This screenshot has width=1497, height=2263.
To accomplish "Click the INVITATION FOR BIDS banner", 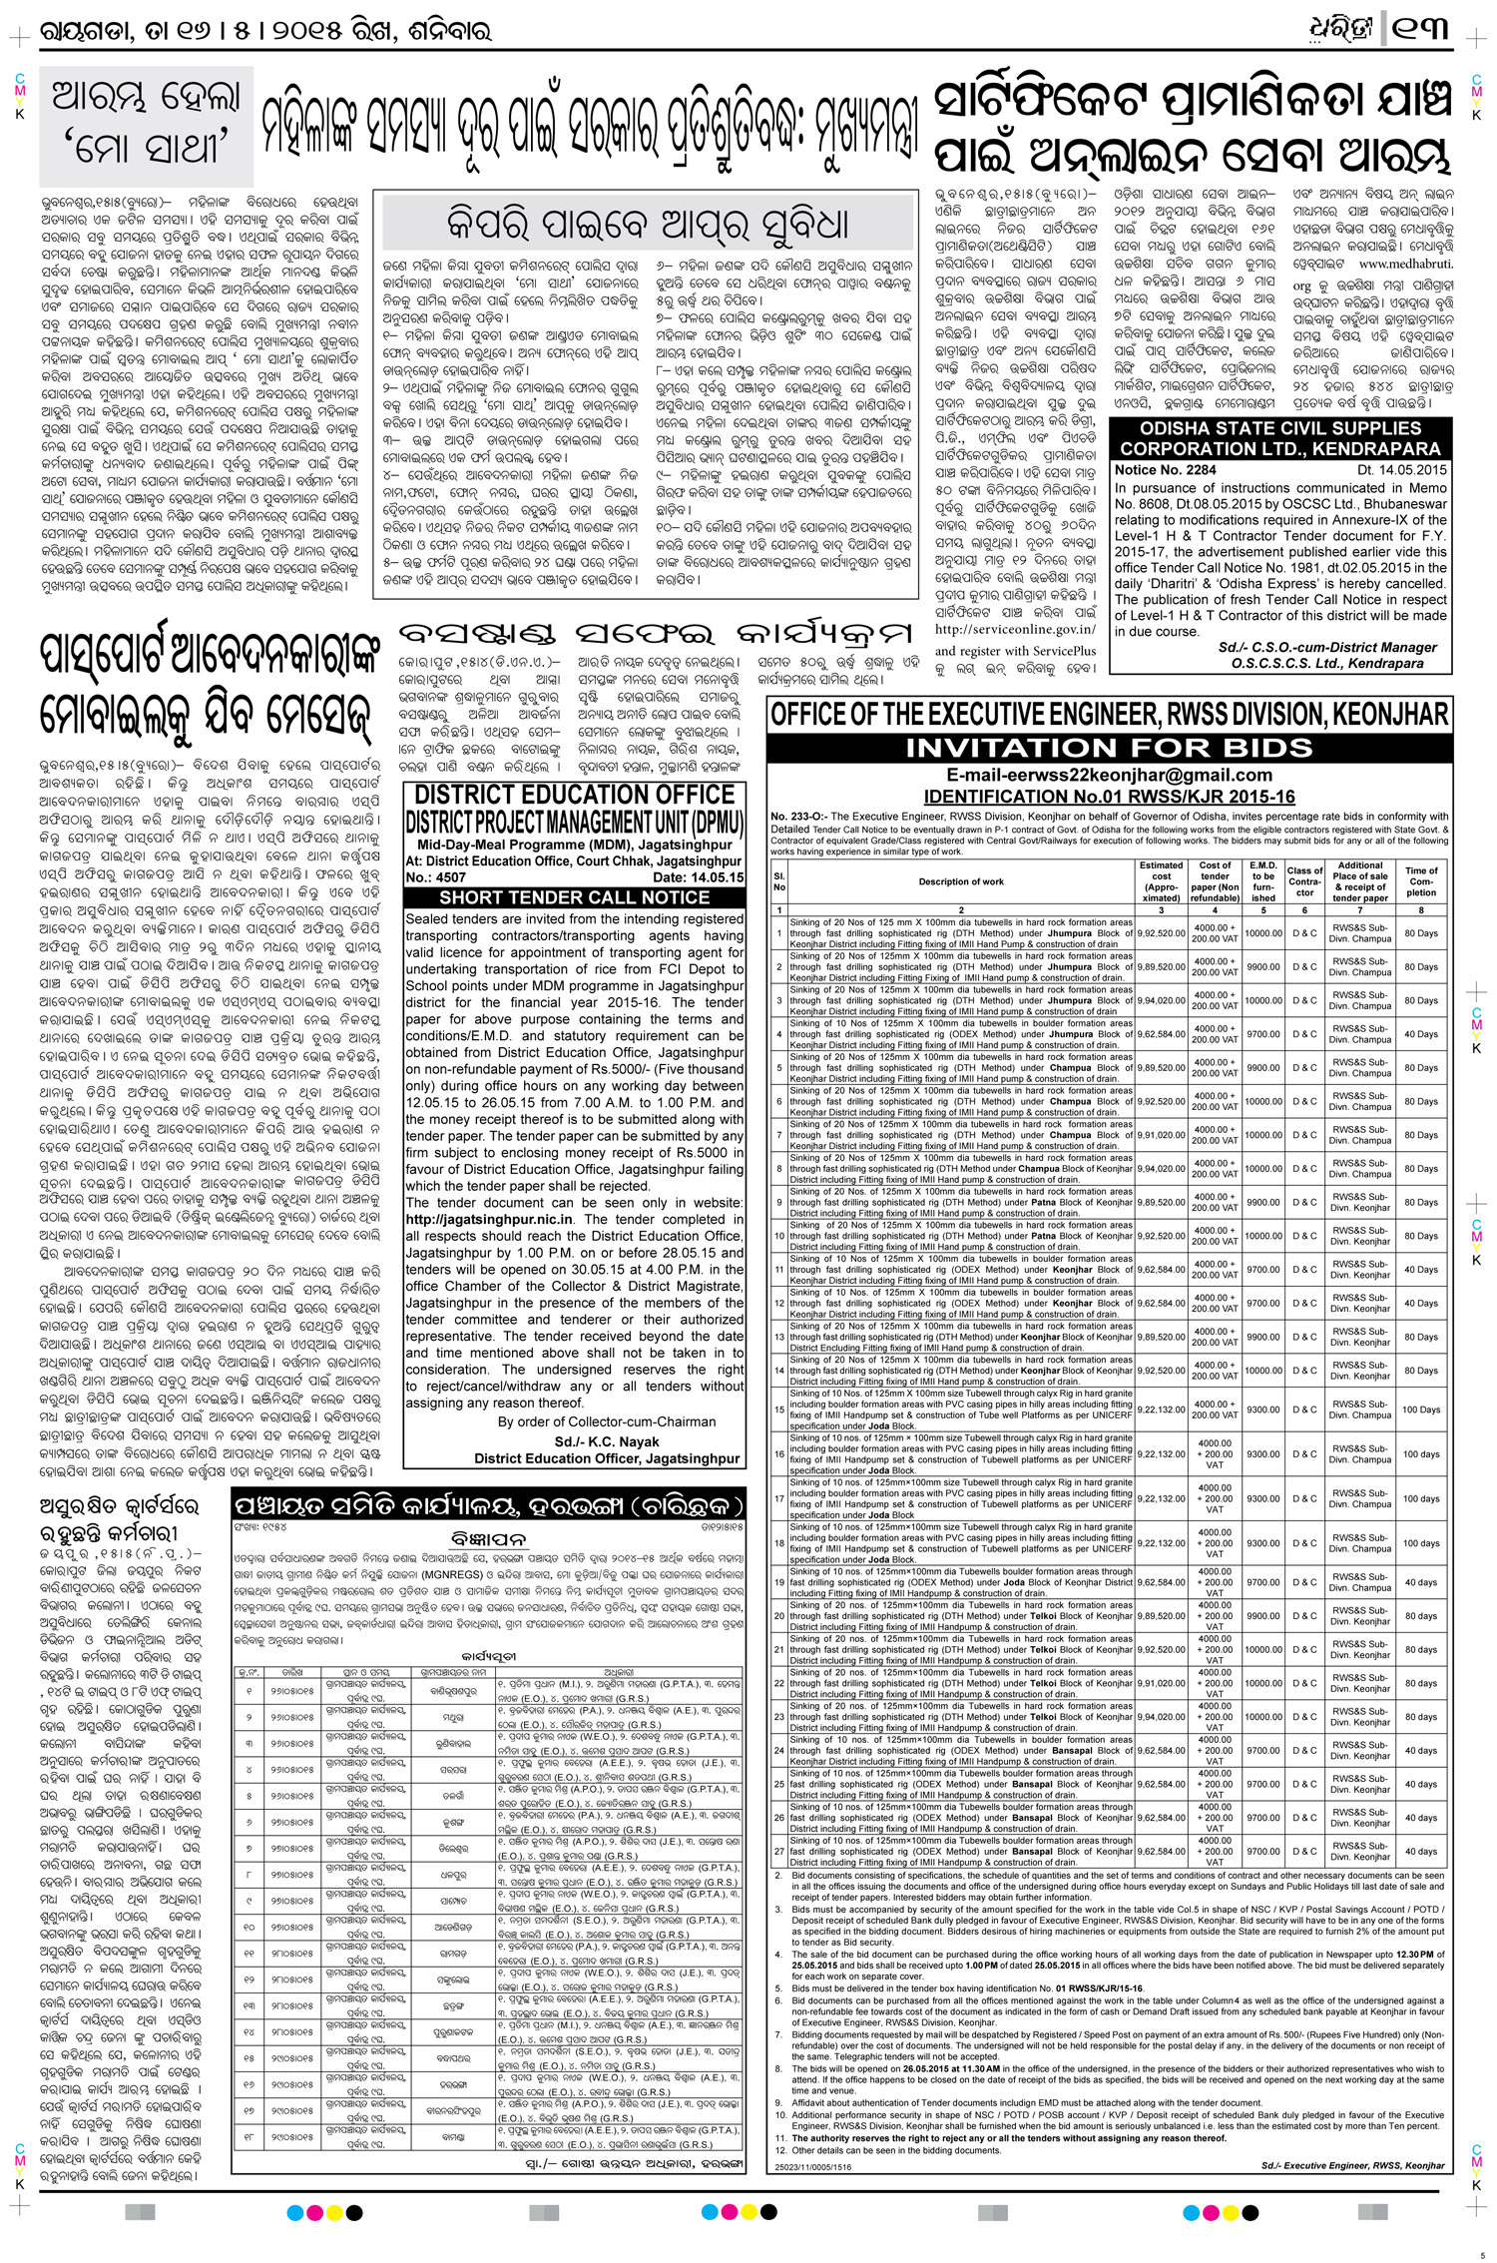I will [x=1108, y=747].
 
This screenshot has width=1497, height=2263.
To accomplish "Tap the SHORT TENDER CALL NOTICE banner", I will [x=574, y=897].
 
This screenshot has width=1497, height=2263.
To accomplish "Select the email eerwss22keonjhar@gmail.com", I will [x=1108, y=776].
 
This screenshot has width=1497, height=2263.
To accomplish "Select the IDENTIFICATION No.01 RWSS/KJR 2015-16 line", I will [x=1108, y=797].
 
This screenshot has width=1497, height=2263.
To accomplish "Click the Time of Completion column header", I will [x=1421, y=881].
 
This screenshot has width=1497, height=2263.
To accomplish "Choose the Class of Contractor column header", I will [x=1305, y=882].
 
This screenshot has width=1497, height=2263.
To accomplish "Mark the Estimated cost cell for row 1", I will [x=1161, y=932].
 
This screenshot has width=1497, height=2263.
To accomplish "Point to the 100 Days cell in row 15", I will [x=1421, y=1410].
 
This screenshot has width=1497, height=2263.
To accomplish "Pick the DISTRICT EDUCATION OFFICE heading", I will [x=574, y=796].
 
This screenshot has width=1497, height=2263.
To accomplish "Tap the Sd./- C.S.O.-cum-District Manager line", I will [x=1327, y=647].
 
